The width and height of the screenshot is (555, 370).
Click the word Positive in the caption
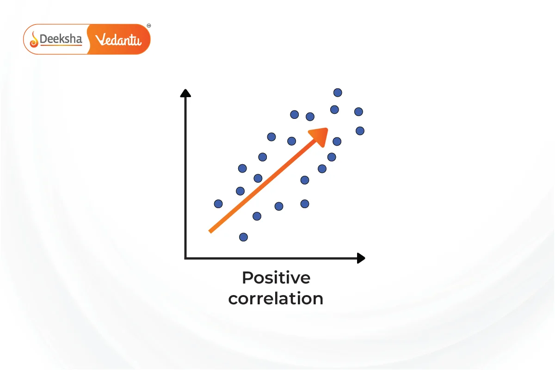pyautogui.click(x=276, y=278)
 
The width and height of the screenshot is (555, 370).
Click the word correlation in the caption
pyautogui.click(x=276, y=299)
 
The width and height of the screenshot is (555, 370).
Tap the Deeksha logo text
pyautogui.click(x=61, y=39)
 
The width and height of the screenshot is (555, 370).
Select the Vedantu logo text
pyautogui.click(x=118, y=40)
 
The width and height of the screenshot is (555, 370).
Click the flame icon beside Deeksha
pyautogui.click(x=34, y=40)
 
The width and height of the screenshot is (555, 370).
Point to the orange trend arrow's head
pyautogui.click(x=320, y=136)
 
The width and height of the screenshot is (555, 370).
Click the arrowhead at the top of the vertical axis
pyautogui.click(x=185, y=93)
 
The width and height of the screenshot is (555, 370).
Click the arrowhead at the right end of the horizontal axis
pyautogui.click(x=361, y=258)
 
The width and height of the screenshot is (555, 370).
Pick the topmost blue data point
pyautogui.click(x=338, y=92)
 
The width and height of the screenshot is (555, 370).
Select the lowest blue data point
pyautogui.click(x=243, y=237)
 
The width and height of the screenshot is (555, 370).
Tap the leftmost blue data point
pyautogui.click(x=218, y=204)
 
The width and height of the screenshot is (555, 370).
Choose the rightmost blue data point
pyautogui.click(x=360, y=131)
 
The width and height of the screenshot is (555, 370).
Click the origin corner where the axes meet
pyautogui.click(x=185, y=258)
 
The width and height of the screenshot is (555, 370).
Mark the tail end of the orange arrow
pyautogui.click(x=210, y=232)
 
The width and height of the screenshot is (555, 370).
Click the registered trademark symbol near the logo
pyautogui.click(x=149, y=25)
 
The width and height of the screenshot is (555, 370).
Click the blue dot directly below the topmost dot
pyautogui.click(x=334, y=110)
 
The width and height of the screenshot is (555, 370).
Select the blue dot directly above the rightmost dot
pyautogui.click(x=358, y=112)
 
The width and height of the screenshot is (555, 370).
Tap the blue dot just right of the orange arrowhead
pyautogui.click(x=337, y=142)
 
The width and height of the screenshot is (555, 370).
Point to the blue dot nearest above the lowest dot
pyautogui.click(x=257, y=216)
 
